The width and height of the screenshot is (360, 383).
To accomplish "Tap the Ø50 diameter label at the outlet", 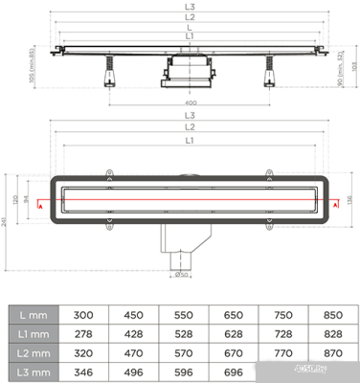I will pyautogui.click(x=182, y=275).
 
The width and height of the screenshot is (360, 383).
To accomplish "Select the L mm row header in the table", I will pyautogui.click(x=34, y=313).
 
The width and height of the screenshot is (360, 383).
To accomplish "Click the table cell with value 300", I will pyautogui.click(x=85, y=313).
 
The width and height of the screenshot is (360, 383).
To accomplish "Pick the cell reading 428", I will pyautogui.click(x=134, y=332).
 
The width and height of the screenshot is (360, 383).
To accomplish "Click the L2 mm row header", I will pyautogui.click(x=34, y=351).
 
